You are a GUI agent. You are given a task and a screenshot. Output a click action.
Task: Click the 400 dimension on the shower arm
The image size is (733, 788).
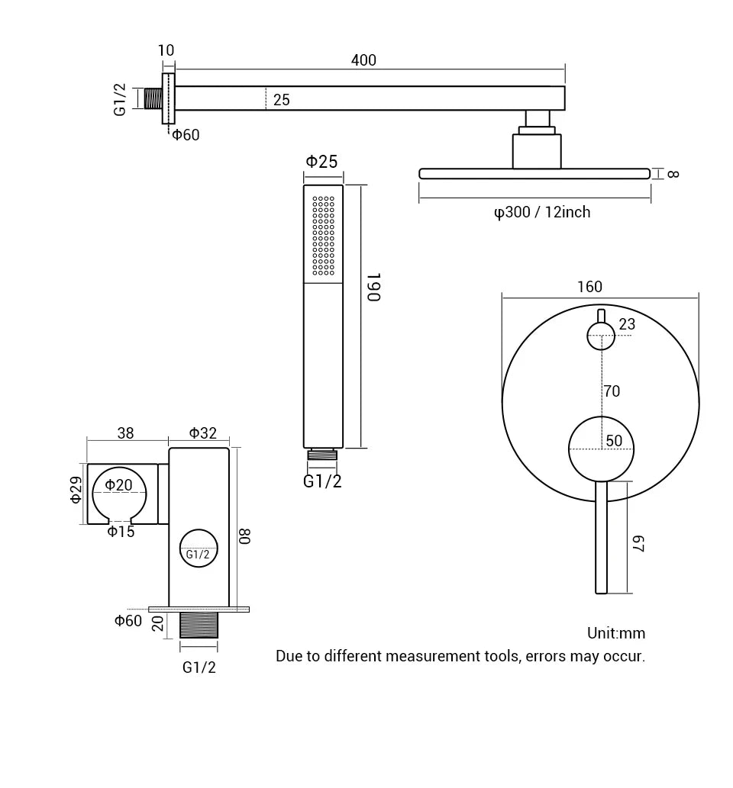click(363, 60)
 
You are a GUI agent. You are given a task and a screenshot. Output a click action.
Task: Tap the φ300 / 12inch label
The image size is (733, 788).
click(542, 212)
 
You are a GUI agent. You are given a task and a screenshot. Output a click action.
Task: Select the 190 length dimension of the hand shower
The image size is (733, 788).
click(373, 287)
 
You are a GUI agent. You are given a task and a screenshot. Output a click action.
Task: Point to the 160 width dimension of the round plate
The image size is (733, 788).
click(589, 287)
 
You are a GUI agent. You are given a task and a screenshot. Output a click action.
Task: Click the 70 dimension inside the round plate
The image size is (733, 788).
click(612, 391)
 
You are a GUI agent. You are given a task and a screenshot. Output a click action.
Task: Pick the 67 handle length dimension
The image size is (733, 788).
click(638, 543)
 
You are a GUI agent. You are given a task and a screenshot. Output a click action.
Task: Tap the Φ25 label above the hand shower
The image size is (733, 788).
click(321, 162)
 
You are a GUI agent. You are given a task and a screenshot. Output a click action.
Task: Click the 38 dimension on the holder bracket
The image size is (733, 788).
click(125, 433)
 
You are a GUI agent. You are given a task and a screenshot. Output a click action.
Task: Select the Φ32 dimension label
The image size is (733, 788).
click(203, 433)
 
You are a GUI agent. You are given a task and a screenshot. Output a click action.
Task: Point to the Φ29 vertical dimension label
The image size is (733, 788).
click(76, 489)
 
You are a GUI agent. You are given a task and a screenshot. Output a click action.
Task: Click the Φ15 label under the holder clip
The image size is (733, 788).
click(121, 532)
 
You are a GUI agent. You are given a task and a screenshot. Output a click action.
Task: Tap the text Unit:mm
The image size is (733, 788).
click(615, 633)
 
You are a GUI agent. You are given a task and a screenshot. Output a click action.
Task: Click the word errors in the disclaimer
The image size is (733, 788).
click(545, 656)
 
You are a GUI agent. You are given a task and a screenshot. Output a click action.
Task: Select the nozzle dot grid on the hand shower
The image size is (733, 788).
click(324, 236)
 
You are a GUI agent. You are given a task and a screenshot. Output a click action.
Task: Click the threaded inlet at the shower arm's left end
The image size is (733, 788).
click(153, 98)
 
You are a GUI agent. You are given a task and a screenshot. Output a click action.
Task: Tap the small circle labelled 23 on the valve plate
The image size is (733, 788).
click(601, 336)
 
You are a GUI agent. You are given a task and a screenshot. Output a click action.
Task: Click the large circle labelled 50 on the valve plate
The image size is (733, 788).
click(601, 449)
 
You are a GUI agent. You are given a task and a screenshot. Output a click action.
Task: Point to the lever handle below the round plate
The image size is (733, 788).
click(601, 537)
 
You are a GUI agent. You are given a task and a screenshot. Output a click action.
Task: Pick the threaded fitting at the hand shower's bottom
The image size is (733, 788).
click(322, 455)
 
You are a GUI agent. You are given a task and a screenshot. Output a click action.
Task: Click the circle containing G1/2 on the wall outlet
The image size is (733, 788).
click(199, 548)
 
